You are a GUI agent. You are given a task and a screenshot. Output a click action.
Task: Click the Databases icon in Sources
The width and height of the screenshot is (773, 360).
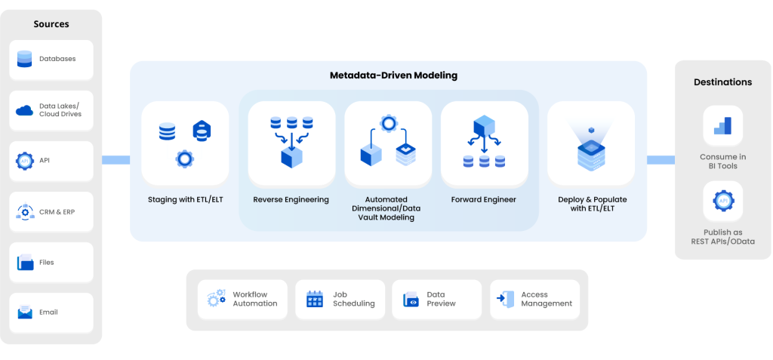coord(25,59)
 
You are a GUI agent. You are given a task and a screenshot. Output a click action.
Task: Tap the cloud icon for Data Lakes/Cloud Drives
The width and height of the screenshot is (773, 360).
coord(25,110)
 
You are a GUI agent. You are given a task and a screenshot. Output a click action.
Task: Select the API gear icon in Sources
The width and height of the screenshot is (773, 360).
coord(25,161)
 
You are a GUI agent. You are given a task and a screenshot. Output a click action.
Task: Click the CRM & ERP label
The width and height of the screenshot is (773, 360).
coord(57,212)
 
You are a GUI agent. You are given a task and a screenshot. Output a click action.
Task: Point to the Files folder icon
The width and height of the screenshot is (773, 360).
coord(25,263)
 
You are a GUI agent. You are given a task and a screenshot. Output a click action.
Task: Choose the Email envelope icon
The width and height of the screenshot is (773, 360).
coord(25,312)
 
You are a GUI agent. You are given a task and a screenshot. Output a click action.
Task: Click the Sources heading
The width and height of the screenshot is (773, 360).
coord(51,24)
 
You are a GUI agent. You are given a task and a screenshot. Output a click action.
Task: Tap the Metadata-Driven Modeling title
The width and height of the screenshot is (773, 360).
coord(393,76)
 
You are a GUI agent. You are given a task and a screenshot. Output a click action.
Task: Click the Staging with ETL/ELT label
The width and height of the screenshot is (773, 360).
coord(185,200)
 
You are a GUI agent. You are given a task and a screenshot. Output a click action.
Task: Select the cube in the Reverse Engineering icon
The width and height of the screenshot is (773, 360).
coord(291,158)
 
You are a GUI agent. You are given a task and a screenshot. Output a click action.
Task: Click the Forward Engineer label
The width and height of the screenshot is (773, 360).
coord(484,200)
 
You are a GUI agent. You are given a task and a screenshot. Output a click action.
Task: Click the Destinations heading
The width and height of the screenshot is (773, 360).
coord(722,82)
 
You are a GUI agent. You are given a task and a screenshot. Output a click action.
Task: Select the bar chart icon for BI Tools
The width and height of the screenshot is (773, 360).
coord(722,125)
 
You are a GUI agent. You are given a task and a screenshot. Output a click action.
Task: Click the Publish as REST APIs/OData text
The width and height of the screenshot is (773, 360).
coord(722,236)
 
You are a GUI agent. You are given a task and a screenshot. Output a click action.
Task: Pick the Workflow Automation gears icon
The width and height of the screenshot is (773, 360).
coord(217,299)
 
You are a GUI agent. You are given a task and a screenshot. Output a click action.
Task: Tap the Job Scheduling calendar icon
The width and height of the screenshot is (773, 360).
coord(315,300)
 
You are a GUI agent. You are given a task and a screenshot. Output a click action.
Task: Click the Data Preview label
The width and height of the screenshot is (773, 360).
coord(441,299)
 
